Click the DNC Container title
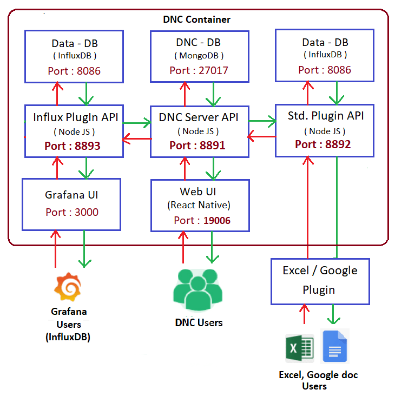tap(197, 19)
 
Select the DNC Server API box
tap(199, 131)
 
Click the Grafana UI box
tap(71, 203)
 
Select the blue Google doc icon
tap(335, 346)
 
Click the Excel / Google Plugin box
tap(320, 280)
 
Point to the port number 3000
tap(87, 212)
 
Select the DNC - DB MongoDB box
tap(199, 56)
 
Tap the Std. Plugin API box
tap(325, 130)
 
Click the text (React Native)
tap(199, 206)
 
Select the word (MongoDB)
tap(199, 56)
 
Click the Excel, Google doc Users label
tap(318, 380)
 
